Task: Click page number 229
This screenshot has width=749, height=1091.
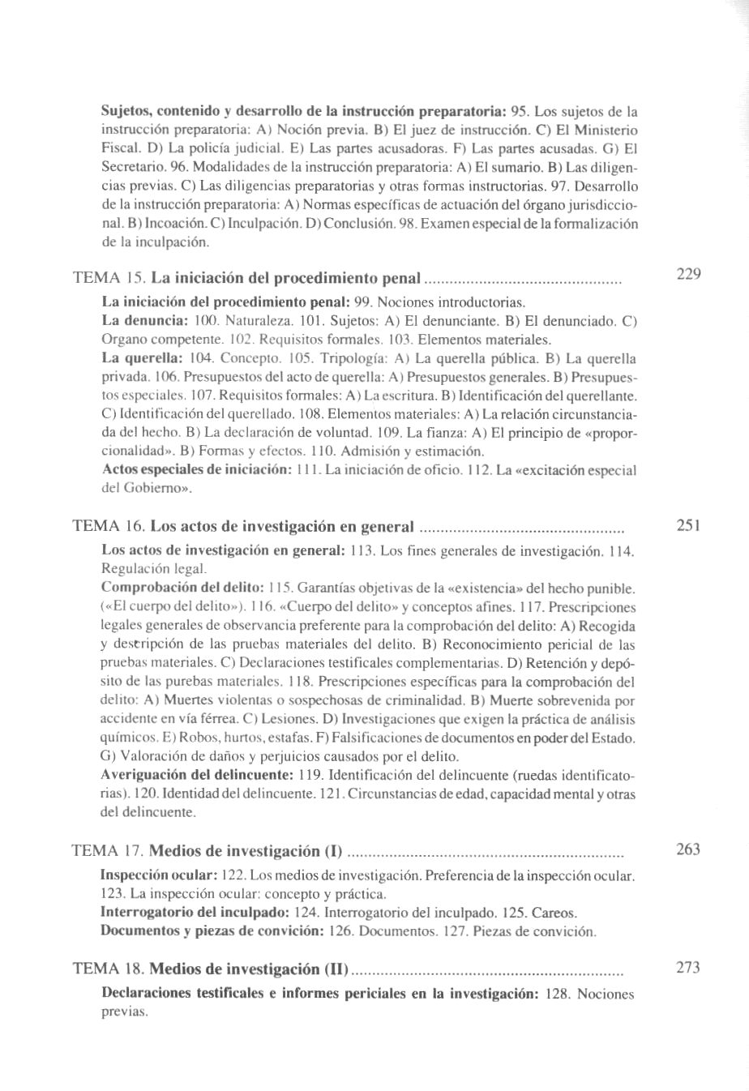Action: [x=688, y=274]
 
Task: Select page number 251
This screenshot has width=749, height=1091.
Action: [x=688, y=525]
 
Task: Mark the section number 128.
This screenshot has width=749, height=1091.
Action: [x=559, y=995]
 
